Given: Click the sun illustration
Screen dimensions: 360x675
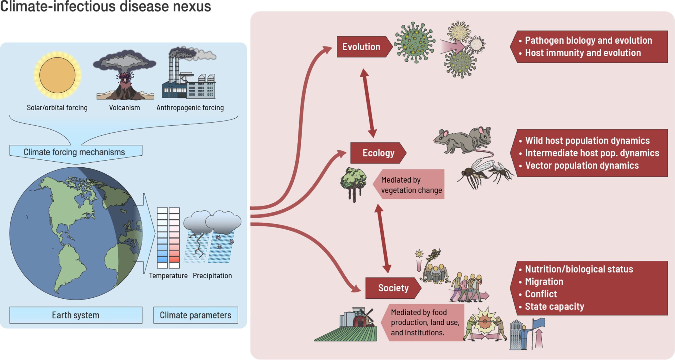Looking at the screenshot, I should coord(57,75).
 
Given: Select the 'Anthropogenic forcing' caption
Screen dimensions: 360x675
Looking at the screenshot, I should coord(190,108).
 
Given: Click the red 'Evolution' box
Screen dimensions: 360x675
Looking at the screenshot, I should coord(362,47).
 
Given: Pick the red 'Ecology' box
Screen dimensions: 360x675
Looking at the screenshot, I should coord(378,153).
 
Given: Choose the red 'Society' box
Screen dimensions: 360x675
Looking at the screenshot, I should coord(393,288).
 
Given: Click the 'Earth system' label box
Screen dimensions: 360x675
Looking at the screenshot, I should coord(76,315).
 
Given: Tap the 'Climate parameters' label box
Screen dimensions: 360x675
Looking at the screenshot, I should coord(195,315).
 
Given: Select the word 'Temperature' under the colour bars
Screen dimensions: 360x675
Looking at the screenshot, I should coord(168,276).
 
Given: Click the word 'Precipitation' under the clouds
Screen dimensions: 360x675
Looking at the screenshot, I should coord(212,276).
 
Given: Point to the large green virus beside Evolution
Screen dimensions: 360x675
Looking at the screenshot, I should coord(414,42).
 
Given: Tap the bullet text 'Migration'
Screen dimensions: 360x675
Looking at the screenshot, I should coord(544,282).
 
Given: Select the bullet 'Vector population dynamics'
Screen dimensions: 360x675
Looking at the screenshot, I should coord(582,166).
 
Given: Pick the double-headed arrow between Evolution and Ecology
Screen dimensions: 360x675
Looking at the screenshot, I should coord(368,103).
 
